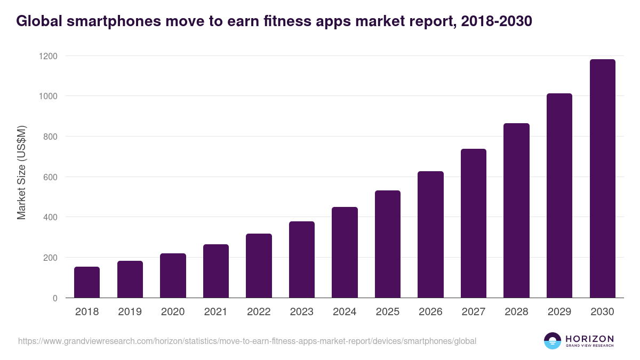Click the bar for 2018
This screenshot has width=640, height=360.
click(87, 282)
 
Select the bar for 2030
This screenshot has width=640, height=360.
click(602, 179)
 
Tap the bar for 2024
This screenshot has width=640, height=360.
click(345, 252)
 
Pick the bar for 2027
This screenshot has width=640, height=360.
click(474, 223)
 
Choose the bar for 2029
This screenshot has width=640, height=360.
click(559, 196)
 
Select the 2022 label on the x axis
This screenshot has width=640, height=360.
click(259, 312)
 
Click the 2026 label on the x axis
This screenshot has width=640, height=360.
click(430, 312)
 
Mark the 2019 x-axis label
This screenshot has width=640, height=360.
click(130, 312)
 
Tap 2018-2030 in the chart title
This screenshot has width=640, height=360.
click(495, 21)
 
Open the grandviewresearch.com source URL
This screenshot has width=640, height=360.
click(247, 341)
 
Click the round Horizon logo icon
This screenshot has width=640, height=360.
click(552, 341)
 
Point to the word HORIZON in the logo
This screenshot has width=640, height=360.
click(589, 338)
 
